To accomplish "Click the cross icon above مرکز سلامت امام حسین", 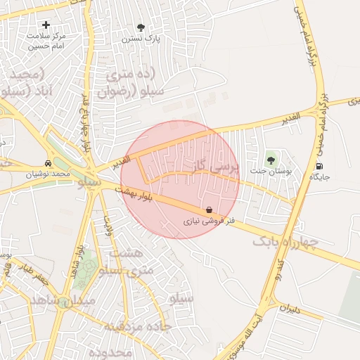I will pyautogui.click(x=46, y=25).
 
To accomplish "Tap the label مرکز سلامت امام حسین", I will pyautogui.click(x=46, y=40).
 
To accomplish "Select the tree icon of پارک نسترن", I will pyautogui.click(x=141, y=27).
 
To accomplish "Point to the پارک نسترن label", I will pyautogui.click(x=142, y=39).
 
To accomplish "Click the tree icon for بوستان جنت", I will pyautogui.click(x=271, y=160).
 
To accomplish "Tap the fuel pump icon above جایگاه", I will pyautogui.click(x=321, y=167).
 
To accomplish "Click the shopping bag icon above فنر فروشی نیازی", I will pyautogui.click(x=209, y=210).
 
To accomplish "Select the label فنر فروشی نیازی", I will pyautogui.click(x=209, y=221).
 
